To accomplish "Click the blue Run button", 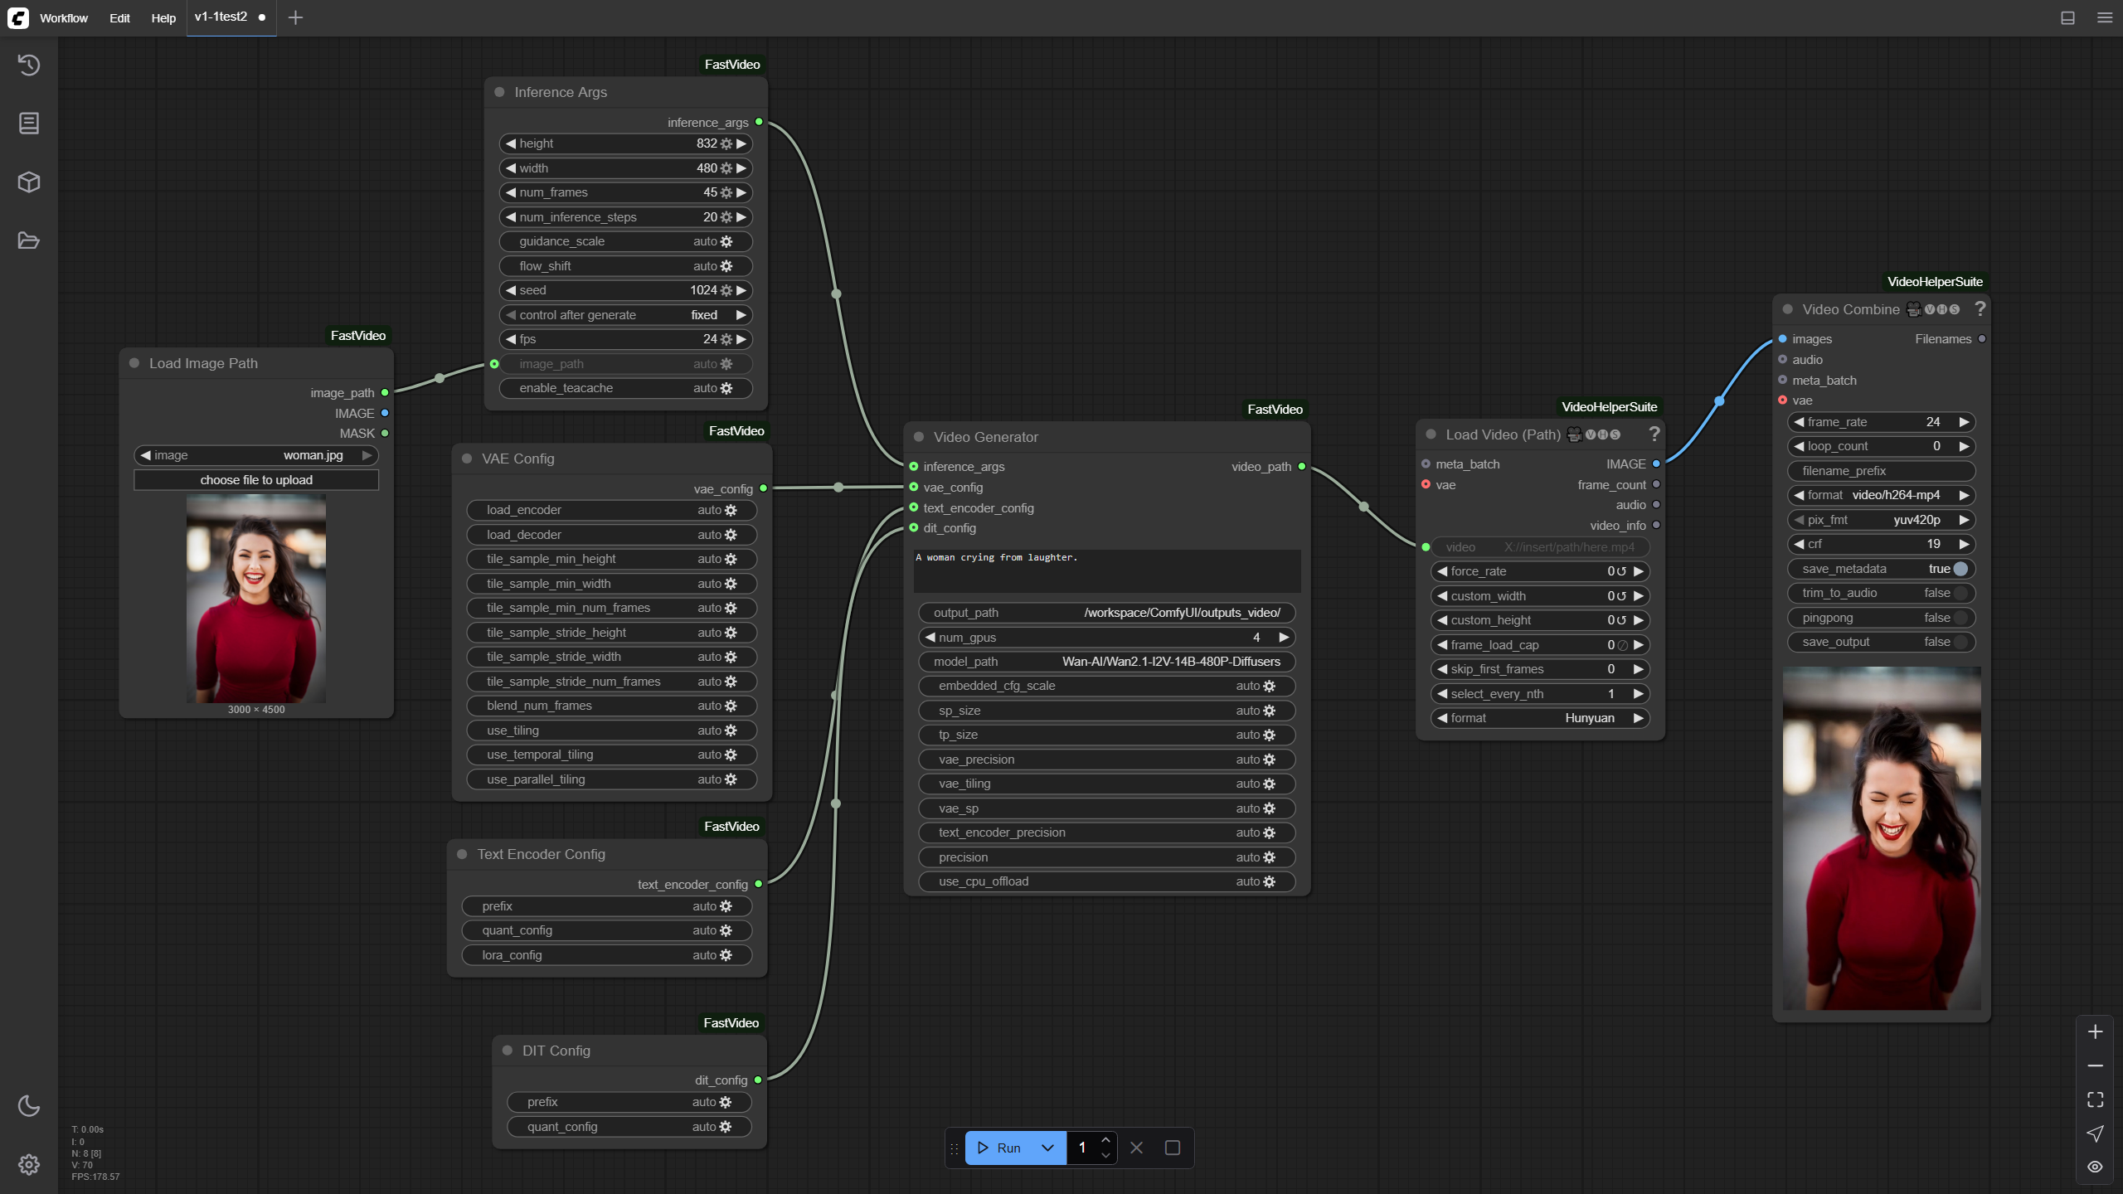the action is pyautogui.click(x=999, y=1148).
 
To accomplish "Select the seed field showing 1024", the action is pyautogui.click(x=626, y=290).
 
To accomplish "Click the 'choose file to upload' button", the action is pyautogui.click(x=256, y=480).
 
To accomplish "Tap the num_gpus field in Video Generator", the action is pyautogui.click(x=1107, y=638).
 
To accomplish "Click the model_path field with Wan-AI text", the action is pyautogui.click(x=1107, y=662).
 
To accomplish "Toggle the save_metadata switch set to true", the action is pyautogui.click(x=1960, y=569).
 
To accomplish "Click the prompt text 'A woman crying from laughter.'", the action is pyautogui.click(x=996, y=557).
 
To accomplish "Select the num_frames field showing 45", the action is pyautogui.click(x=626, y=192).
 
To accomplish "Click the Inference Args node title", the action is pyautogui.click(x=561, y=92).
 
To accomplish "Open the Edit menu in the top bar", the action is pyautogui.click(x=119, y=17).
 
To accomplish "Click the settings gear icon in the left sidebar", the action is pyautogui.click(x=29, y=1164).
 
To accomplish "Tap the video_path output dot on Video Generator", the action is pyautogui.click(x=1302, y=467).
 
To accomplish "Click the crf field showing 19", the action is pyautogui.click(x=1881, y=544).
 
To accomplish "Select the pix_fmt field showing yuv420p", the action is pyautogui.click(x=1881, y=520).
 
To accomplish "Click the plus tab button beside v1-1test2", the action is pyautogui.click(x=295, y=17).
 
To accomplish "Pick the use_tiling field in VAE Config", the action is pyautogui.click(x=612, y=730).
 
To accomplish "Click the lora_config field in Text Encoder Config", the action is pyautogui.click(x=607, y=955).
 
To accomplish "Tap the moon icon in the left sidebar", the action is pyautogui.click(x=29, y=1105).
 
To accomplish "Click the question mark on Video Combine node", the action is pyautogui.click(x=1980, y=308).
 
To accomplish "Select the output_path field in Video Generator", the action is pyautogui.click(x=1107, y=613).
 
